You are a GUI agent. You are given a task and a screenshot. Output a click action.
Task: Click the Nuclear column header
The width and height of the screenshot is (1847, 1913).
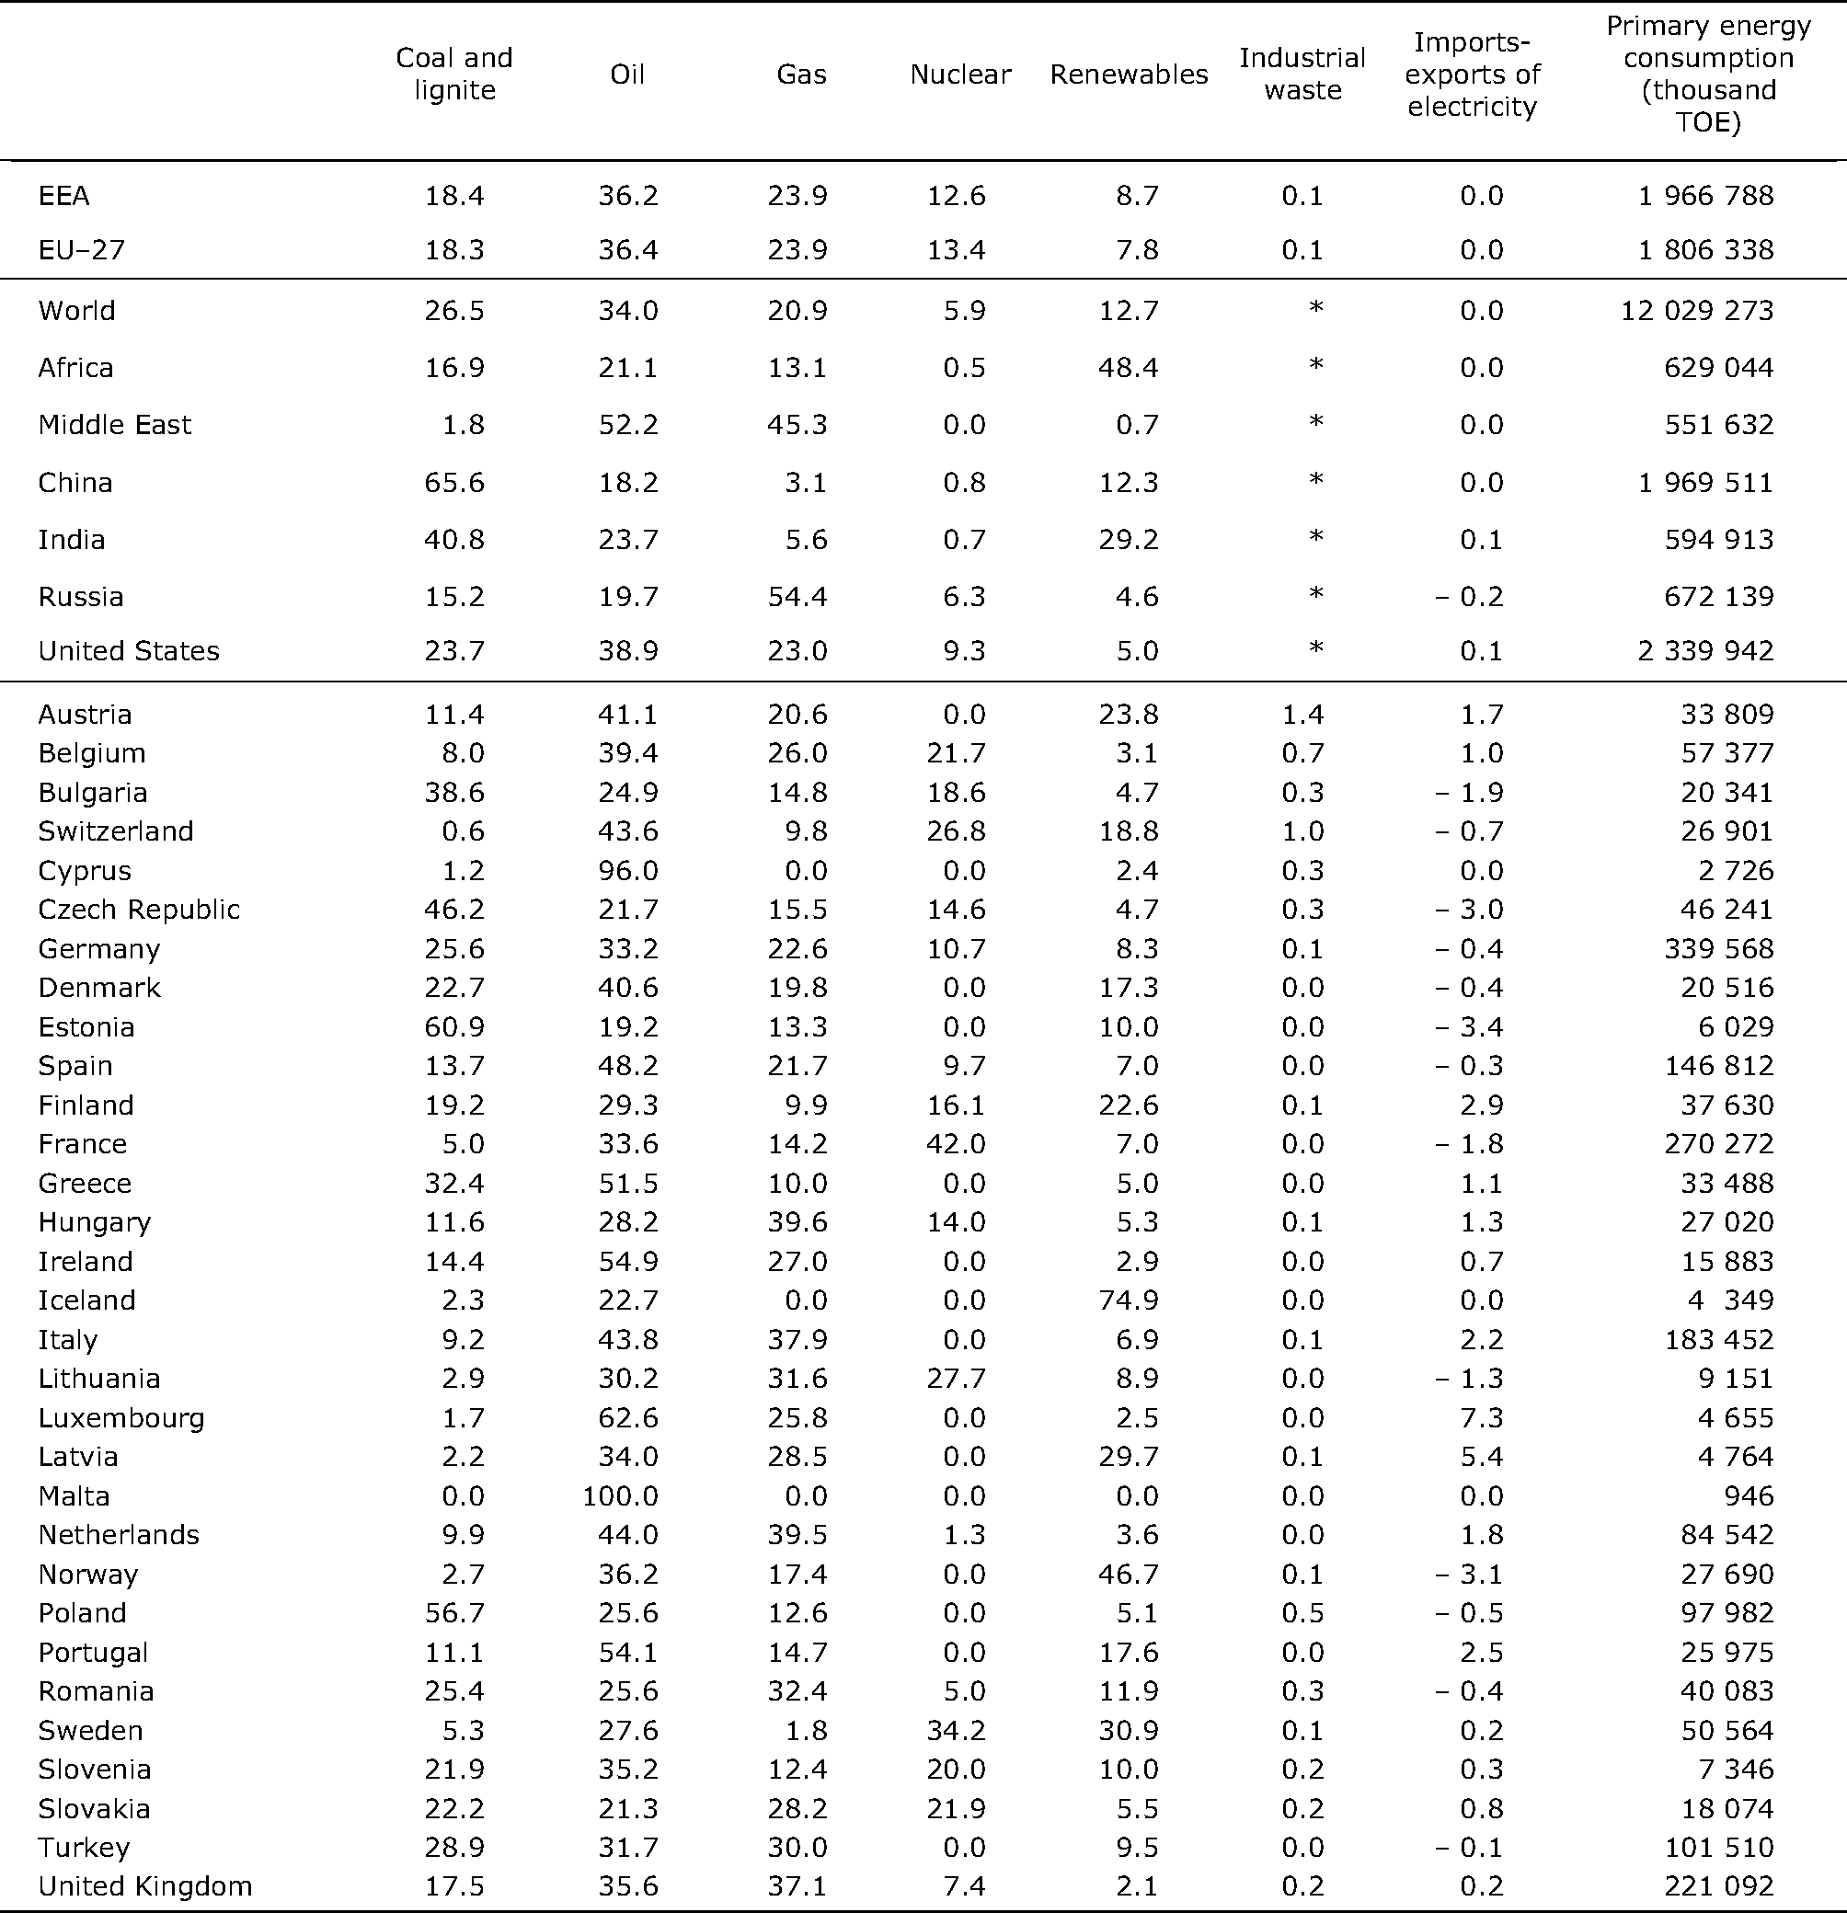click(959, 74)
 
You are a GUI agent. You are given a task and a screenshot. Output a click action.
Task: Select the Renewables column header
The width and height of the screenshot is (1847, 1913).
click(1129, 74)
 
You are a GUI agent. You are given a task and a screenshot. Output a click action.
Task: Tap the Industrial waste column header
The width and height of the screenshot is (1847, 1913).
click(1302, 74)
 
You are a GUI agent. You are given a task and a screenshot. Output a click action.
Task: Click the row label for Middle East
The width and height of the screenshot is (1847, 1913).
click(114, 425)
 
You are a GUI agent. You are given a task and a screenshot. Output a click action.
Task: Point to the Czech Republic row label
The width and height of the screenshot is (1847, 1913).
click(139, 909)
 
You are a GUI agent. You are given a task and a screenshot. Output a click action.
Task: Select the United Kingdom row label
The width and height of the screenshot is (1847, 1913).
click(144, 1884)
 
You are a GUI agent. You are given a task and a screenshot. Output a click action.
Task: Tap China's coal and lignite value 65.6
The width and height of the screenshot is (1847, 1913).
click(454, 482)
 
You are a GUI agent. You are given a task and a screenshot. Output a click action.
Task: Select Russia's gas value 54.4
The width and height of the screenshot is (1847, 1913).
click(797, 596)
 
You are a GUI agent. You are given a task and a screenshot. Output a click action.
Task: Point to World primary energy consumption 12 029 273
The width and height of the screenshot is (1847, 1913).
click(1697, 310)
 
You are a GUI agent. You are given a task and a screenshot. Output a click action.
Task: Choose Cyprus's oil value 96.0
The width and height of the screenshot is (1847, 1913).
click(627, 870)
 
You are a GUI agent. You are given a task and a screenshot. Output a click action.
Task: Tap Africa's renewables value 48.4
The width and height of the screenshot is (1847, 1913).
click(1129, 367)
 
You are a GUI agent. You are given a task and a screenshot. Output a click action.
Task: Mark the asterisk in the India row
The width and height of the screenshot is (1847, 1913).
click(1316, 537)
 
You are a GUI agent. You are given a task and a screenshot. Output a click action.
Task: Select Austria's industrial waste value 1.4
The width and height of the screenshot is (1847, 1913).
click(1302, 714)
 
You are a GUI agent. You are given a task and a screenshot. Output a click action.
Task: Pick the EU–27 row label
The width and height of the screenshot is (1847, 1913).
click(81, 250)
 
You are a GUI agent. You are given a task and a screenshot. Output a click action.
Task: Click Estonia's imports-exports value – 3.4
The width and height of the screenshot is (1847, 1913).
click(1469, 1025)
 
